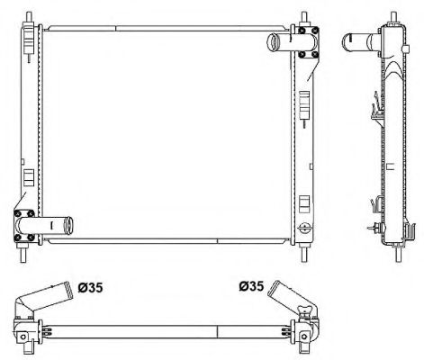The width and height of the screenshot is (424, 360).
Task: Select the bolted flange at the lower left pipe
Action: (26, 224)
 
